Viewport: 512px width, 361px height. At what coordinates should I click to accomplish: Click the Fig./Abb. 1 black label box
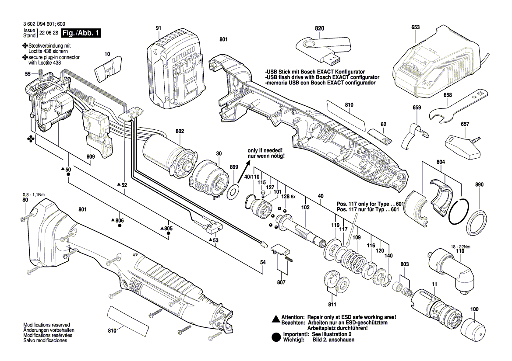[x=81, y=33]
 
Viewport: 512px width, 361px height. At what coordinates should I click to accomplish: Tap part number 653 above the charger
[x=415, y=27]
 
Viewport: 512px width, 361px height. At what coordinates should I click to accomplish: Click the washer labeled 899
[x=234, y=190]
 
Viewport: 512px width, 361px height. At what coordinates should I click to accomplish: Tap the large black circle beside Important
[x=275, y=337]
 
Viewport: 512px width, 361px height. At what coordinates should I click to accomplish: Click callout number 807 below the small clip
[x=281, y=282]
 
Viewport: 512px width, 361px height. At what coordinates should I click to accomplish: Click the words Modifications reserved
[x=46, y=325]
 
